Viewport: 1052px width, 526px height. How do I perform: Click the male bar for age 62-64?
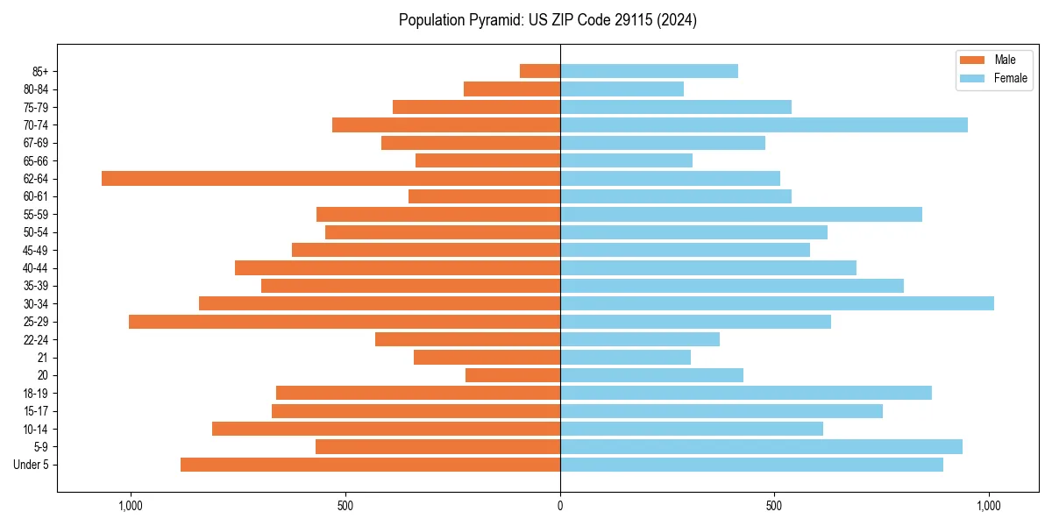pos(331,179)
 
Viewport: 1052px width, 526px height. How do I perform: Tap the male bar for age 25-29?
pos(345,322)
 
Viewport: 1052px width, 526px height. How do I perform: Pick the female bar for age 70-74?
pos(764,125)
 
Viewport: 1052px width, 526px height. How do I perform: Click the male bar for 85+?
pos(540,71)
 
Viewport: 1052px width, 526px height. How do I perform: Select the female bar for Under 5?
pos(751,465)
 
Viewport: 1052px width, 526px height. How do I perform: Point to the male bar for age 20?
pos(513,375)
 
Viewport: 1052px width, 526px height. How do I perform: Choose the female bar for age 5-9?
pos(761,447)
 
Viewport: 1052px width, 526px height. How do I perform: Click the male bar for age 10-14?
pos(386,429)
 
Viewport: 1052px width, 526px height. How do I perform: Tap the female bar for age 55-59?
pos(741,215)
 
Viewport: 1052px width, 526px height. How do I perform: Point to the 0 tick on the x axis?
pos(560,506)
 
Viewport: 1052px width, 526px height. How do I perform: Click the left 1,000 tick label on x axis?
pos(131,506)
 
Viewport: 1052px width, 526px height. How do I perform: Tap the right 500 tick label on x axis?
pos(774,506)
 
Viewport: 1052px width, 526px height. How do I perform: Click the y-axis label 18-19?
pos(35,394)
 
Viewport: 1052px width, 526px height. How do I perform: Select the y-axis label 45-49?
pos(35,251)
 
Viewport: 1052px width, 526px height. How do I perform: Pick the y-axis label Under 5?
pos(32,465)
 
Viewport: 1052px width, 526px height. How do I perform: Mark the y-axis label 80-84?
pos(35,89)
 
